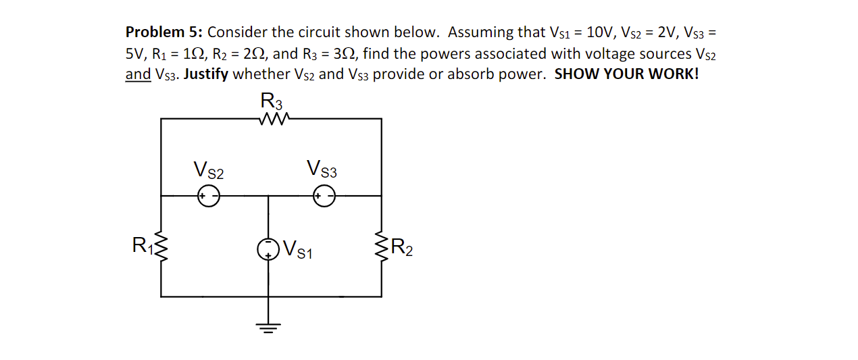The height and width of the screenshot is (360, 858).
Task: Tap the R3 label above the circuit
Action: (272, 101)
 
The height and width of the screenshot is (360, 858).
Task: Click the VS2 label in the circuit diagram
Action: (208, 170)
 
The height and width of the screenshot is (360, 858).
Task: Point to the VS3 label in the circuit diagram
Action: (322, 168)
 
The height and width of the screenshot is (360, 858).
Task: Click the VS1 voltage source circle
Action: (268, 249)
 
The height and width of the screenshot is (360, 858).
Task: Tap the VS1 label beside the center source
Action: (298, 250)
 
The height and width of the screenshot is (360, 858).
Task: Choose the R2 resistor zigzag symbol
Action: (382, 248)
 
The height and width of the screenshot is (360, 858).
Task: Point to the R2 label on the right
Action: (402, 249)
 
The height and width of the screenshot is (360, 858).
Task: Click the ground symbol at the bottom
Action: (268, 328)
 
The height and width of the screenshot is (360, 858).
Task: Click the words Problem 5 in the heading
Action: (164, 32)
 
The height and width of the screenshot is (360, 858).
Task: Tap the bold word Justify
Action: (205, 74)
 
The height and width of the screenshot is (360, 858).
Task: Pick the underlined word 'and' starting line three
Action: (138, 74)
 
